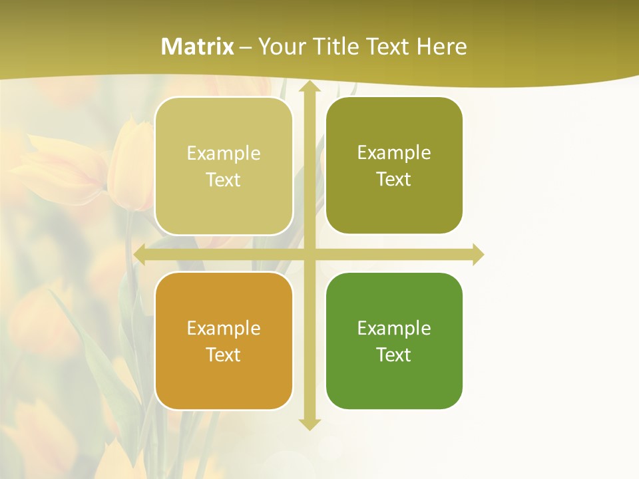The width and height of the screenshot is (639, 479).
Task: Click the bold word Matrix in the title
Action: tap(198, 47)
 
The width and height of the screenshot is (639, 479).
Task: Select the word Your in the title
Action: tap(284, 47)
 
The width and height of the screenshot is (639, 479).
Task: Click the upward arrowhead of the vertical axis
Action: tap(310, 87)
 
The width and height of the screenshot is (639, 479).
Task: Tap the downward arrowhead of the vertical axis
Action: tap(310, 423)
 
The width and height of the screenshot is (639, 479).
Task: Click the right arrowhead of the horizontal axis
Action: tap(477, 255)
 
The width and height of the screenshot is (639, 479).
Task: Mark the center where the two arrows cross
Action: tap(310, 255)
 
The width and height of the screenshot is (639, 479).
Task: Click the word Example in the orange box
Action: tap(224, 328)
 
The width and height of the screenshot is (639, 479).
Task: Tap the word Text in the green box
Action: tap(394, 355)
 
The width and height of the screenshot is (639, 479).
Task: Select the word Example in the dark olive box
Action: tap(394, 152)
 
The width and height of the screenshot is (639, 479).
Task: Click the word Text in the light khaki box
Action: tap(224, 180)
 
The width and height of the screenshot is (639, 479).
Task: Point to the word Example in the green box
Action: tap(394, 328)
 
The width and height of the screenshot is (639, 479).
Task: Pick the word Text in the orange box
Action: tap(224, 355)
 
